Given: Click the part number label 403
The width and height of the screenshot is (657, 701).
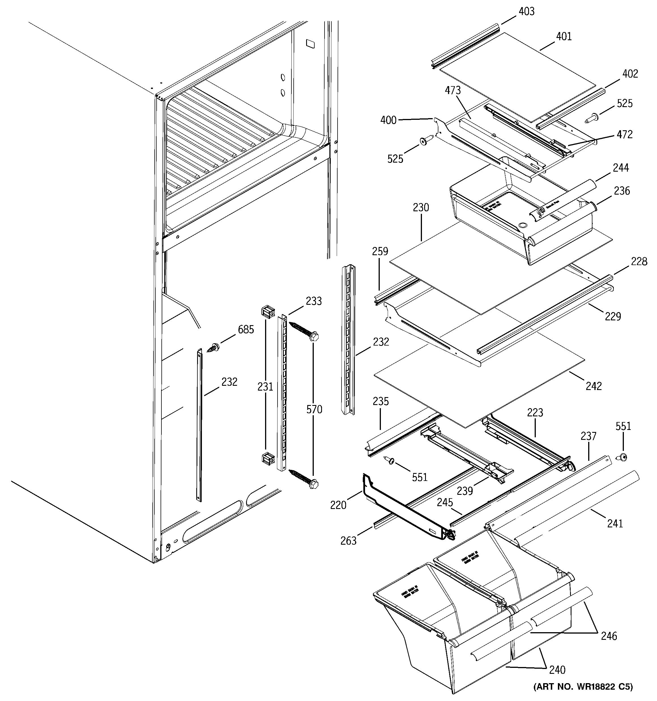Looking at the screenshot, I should pyautogui.click(x=526, y=12).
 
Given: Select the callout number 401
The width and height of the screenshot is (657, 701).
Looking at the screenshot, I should pyautogui.click(x=564, y=36).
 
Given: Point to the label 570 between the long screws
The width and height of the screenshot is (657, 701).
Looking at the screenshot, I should pyautogui.click(x=314, y=409).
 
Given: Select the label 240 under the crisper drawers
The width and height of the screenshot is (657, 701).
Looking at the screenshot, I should pyautogui.click(x=557, y=670).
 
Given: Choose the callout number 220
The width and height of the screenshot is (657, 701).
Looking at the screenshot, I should pyautogui.click(x=338, y=505).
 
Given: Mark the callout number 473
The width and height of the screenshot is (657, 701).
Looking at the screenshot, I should pyautogui.click(x=453, y=91).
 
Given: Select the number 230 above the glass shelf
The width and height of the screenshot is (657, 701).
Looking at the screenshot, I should pyautogui.click(x=421, y=207).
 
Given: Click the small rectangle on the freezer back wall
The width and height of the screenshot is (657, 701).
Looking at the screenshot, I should pyautogui.click(x=311, y=43).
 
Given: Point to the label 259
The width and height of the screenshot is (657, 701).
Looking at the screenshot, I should pyautogui.click(x=380, y=252).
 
